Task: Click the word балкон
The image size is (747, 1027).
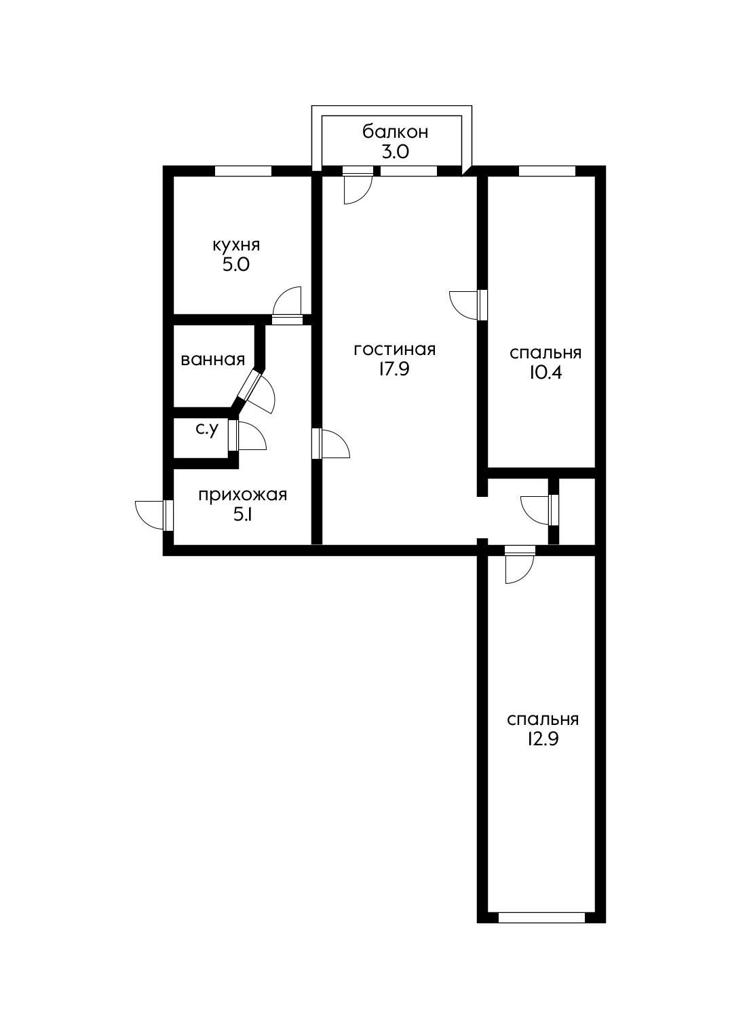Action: click(395, 131)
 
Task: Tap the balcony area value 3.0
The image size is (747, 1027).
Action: click(395, 151)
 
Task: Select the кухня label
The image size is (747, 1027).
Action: click(236, 244)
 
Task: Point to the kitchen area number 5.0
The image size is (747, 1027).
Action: click(236, 265)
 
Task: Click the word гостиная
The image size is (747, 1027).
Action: click(394, 349)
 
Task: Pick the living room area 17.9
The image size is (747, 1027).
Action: click(394, 370)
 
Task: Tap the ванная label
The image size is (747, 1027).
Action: click(212, 359)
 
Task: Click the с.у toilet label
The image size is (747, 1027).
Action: click(206, 429)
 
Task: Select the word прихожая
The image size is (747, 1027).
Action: click(242, 494)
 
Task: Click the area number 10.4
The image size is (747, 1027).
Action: click(545, 373)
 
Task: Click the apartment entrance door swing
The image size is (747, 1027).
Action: click(151, 514)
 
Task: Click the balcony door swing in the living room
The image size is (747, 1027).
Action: click(357, 187)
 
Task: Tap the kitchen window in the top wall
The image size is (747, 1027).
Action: click(243, 171)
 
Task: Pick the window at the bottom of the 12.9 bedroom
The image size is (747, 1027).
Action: click(541, 918)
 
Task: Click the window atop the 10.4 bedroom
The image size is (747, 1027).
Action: click(547, 171)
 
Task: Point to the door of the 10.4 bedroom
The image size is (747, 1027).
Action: click(465, 304)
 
